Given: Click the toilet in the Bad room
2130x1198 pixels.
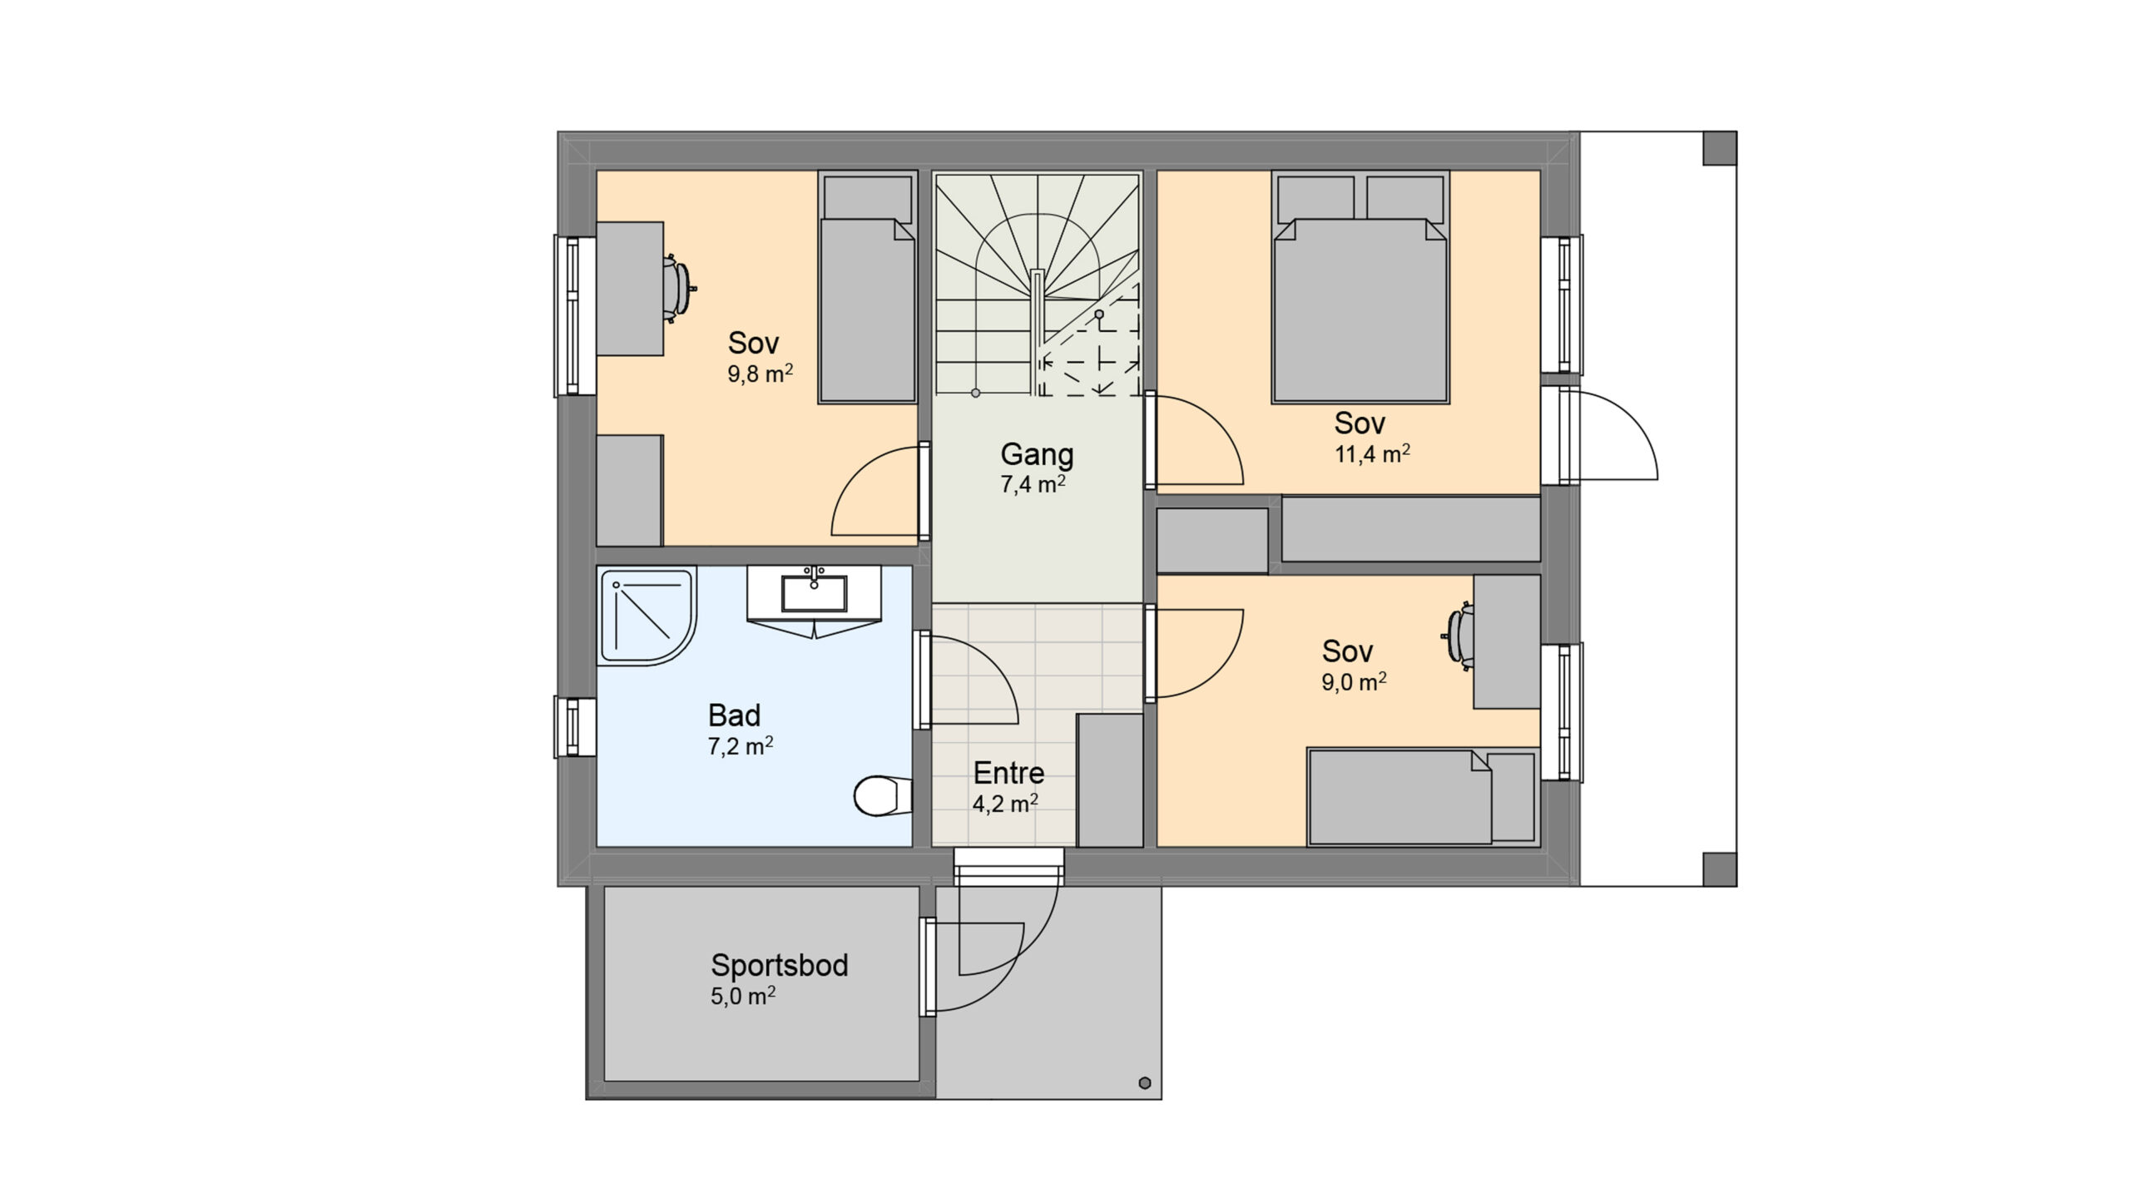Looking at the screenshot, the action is tap(883, 795).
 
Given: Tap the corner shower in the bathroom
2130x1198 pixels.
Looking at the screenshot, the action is tap(646, 616).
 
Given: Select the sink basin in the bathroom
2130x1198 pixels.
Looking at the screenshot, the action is tap(814, 593).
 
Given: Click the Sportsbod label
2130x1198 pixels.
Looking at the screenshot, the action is tap(780, 965).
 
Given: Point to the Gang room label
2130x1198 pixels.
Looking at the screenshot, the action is tap(1037, 454).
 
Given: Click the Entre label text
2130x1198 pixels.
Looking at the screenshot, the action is tap(1008, 774).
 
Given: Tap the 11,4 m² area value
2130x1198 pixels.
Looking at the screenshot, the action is tap(1372, 454).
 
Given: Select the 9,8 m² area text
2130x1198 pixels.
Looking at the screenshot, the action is tap(760, 374).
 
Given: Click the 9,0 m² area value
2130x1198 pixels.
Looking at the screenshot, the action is tap(1354, 682).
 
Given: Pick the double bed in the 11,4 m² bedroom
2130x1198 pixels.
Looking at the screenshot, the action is tap(1360, 288).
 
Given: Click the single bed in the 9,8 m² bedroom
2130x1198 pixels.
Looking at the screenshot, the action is tap(868, 288).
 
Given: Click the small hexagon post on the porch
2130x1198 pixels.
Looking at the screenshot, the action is tap(1145, 1082).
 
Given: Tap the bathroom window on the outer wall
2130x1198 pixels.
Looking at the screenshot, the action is tap(574, 727).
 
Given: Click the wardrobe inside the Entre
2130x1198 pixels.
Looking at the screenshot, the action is tap(1109, 780).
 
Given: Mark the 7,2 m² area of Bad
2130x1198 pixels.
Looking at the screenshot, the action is tap(741, 746).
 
